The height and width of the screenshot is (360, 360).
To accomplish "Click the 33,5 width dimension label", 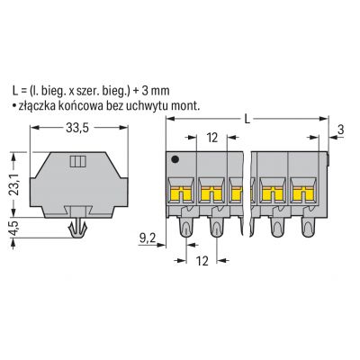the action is pyautogui.click(x=77, y=128).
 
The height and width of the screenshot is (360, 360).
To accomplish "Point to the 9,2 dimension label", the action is pyautogui.click(x=148, y=238).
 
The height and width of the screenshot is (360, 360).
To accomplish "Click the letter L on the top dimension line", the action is pyautogui.click(x=247, y=120).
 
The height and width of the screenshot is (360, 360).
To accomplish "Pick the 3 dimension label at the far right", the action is pyautogui.click(x=340, y=130).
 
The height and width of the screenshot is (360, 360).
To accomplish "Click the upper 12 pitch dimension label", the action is pyautogui.click(x=211, y=138).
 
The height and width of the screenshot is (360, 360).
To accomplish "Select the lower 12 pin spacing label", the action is pyautogui.click(x=202, y=261).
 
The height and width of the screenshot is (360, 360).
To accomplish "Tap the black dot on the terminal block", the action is pyautogui.click(x=175, y=159).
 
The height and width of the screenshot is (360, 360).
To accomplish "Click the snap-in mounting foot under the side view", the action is pyautogui.click(x=77, y=229).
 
